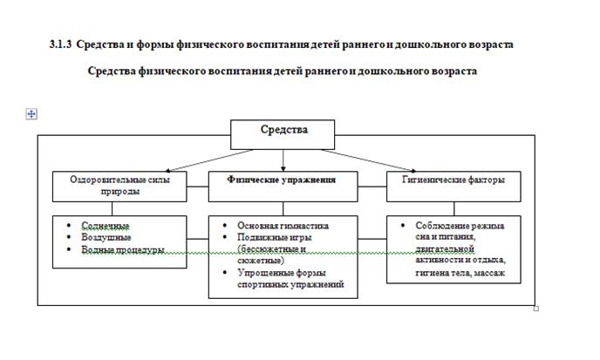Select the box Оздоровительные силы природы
click(119, 185)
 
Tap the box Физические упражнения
click(283, 180)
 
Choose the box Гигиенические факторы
click(455, 180)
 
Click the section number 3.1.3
click(61, 44)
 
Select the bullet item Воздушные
click(106, 237)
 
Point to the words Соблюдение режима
click(460, 225)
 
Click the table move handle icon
click(31, 113)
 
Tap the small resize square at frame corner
click(535, 307)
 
